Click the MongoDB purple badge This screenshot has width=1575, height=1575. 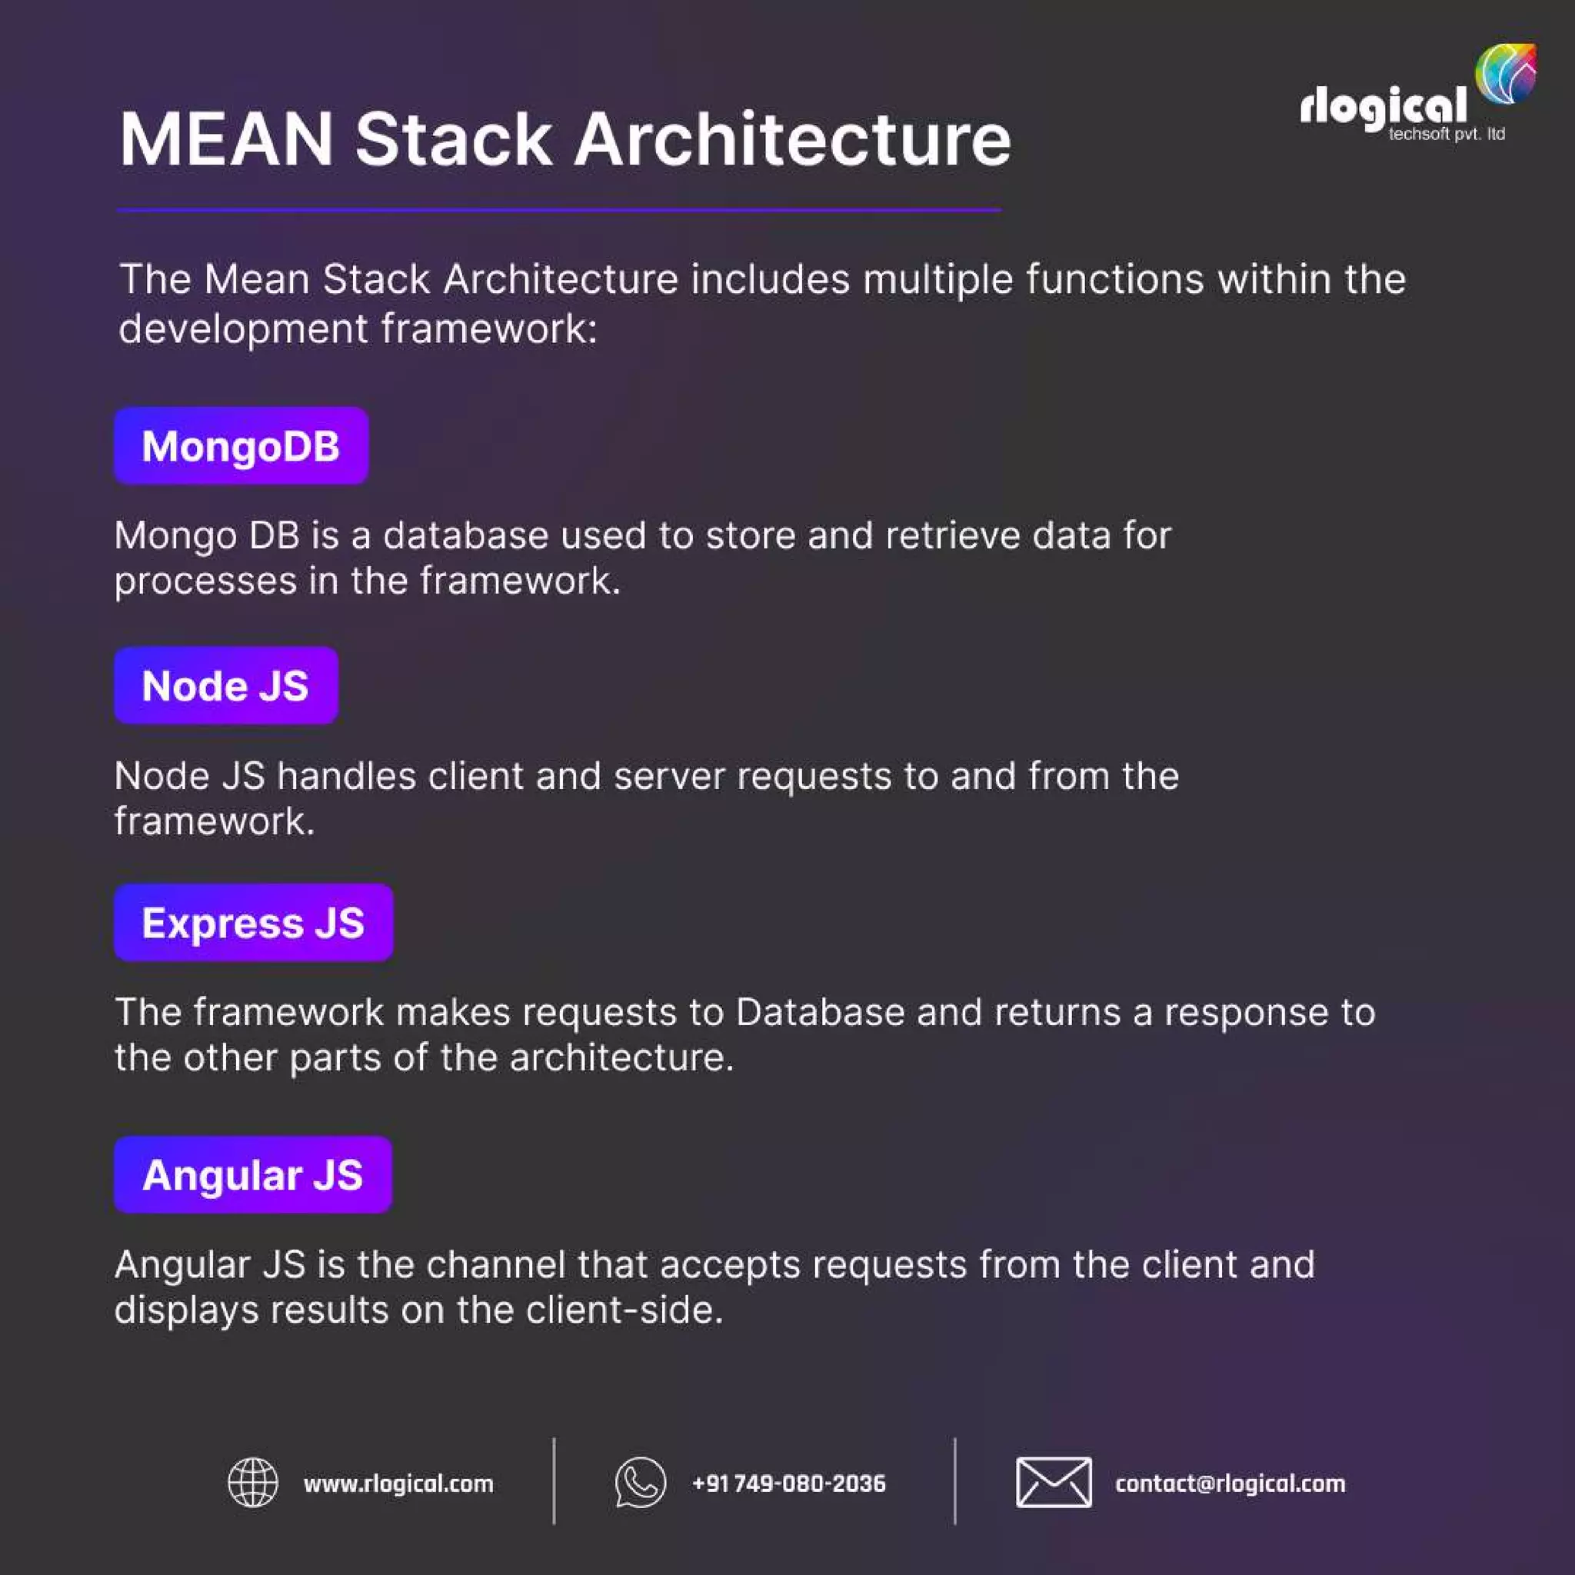point(241,446)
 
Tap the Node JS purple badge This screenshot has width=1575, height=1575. point(226,685)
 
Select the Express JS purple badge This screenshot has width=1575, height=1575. point(254,922)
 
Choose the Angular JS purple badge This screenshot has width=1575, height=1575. point(253,1175)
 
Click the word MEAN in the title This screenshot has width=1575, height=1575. point(227,139)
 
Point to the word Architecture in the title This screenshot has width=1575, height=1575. point(792,139)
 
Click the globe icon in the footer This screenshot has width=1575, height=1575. point(253,1483)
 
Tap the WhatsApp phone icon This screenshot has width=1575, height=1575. point(640,1483)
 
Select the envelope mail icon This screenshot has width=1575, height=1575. point(1054,1483)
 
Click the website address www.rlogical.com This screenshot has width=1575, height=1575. point(398,1483)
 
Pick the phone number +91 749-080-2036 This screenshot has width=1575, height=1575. point(788,1483)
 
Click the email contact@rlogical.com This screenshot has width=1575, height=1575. point(1230,1483)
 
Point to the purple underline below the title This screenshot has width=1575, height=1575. point(558,210)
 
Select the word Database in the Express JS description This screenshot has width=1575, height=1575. point(820,1013)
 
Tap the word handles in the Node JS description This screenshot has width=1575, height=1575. point(347,776)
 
